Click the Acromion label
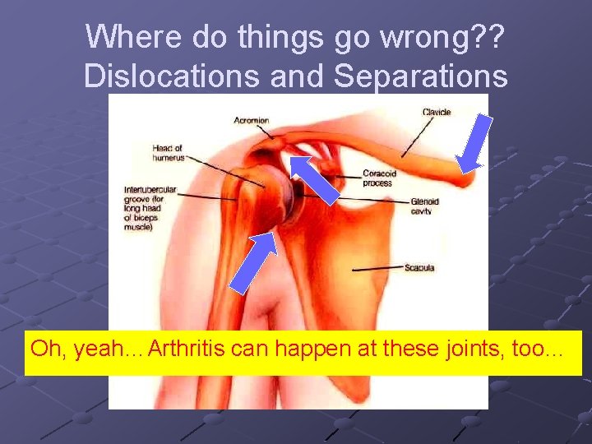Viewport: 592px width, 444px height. click(251, 120)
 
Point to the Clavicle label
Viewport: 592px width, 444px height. click(437, 113)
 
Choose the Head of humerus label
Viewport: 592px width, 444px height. click(167, 153)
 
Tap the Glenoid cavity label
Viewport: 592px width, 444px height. click(425, 206)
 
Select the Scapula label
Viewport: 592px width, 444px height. click(419, 268)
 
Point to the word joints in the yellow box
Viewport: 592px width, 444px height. click(473, 349)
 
